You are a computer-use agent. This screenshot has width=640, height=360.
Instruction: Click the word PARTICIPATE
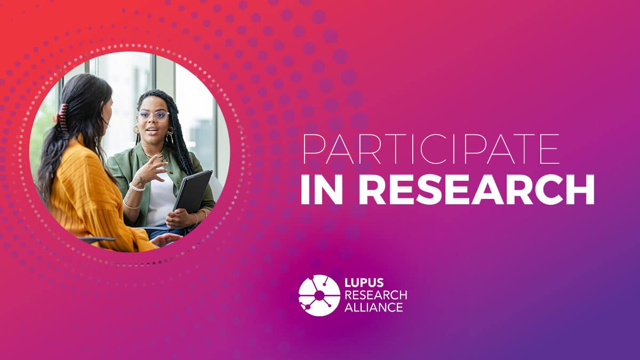pos(431,149)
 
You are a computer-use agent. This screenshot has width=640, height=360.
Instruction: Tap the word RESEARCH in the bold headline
pos(477,190)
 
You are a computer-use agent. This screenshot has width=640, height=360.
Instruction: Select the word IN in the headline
pos(322,190)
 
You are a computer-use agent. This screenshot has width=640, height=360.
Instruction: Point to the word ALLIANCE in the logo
pos(374,307)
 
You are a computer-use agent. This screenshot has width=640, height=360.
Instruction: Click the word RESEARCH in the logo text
pos(375,295)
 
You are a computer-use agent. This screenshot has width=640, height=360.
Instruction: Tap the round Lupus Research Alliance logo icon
pos(319,295)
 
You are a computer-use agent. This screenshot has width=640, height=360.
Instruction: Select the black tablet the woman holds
pos(193,191)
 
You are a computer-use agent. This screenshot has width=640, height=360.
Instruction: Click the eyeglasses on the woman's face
pos(154,115)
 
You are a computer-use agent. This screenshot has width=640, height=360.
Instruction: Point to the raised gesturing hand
pos(150,171)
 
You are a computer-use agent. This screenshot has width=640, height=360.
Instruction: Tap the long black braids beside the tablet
pos(182,149)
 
